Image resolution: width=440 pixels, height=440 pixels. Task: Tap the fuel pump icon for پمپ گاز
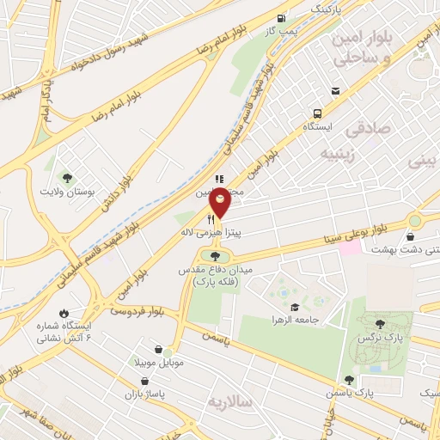pyautogui.click(x=281, y=18)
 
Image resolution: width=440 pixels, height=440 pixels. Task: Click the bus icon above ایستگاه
pyautogui.click(x=318, y=113)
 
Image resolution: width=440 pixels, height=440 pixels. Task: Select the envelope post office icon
pyautogui.click(x=334, y=91)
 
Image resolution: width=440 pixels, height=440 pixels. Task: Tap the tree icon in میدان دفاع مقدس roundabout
pyautogui.click(x=214, y=255)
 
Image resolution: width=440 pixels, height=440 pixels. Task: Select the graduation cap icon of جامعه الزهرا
pyautogui.click(x=295, y=307)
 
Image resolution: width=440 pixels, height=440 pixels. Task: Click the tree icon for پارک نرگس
pyautogui.click(x=380, y=324)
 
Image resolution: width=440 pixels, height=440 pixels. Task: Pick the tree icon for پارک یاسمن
pyautogui.click(x=348, y=380)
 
